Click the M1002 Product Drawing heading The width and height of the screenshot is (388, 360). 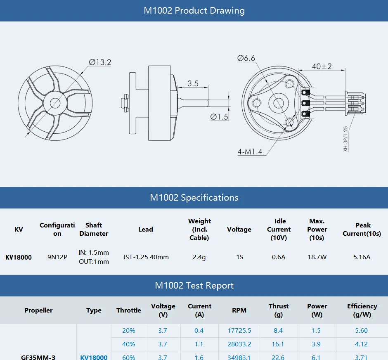coord(194,11)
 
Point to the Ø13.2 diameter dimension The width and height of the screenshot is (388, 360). coord(100,62)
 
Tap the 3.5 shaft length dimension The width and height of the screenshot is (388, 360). coord(193,83)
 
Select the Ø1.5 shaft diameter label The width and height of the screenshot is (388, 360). coord(219,117)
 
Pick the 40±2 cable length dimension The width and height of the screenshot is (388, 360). coord(322,66)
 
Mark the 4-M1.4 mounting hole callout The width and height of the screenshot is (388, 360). coord(250,152)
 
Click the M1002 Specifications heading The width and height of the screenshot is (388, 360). coord(194,198)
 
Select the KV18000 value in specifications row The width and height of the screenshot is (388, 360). coord(19,257)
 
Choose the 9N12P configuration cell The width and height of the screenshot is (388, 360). coord(57,257)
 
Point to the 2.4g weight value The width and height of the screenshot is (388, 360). coord(199,257)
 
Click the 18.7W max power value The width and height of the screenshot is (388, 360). coord(317,257)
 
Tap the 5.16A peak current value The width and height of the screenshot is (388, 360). coord(362,257)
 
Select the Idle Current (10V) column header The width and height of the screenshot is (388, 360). coord(279,230)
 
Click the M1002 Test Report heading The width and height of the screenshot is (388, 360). coord(194,286)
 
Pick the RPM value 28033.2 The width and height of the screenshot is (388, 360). coord(239,344)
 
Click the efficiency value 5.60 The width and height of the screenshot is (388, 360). coord(362,331)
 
